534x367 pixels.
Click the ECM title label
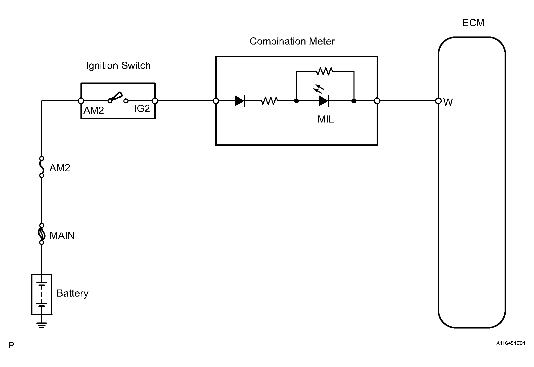click(473, 23)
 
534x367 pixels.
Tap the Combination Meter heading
click(292, 41)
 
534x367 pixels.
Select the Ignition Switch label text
click(118, 66)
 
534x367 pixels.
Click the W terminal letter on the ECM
click(448, 102)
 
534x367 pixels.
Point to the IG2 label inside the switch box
click(142, 109)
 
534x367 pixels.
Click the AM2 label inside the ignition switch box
click(94, 110)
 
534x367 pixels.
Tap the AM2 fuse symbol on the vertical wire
click(42, 167)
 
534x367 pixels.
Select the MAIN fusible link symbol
click(42, 234)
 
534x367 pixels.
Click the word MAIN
click(62, 235)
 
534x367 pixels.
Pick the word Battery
click(72, 293)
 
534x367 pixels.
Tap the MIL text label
click(326, 119)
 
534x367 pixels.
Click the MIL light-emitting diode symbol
click(324, 101)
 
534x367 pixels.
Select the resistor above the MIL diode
click(324, 71)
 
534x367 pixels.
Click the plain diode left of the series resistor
click(240, 101)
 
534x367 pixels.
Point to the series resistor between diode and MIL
click(269, 101)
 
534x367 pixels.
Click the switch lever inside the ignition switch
click(116, 97)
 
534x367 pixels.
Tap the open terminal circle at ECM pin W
click(438, 101)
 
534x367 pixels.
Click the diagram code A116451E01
click(510, 343)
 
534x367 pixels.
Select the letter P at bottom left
click(11, 345)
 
